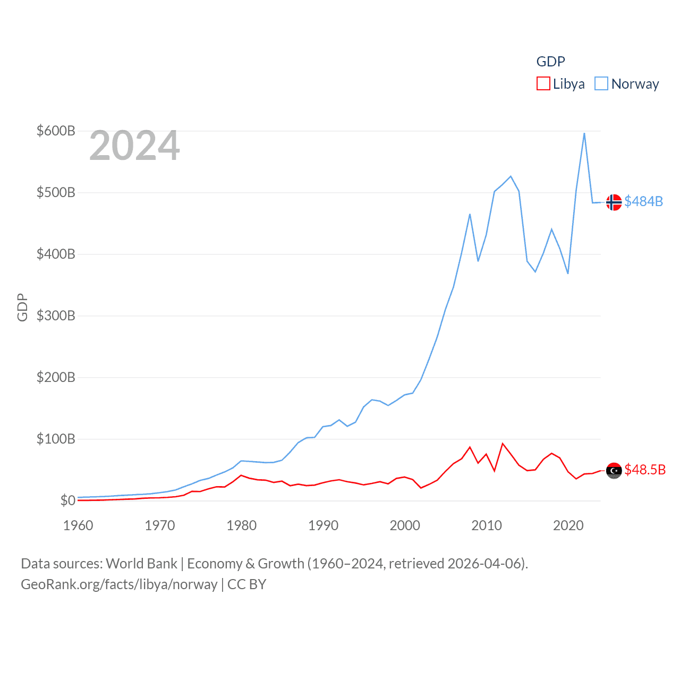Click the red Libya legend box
[543, 84]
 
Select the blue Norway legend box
[601, 84]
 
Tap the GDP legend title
[550, 62]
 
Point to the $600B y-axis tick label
[56, 131]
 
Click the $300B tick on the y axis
[56, 316]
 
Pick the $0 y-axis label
[67, 500]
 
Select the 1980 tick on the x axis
[241, 525]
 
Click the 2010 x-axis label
[487, 525]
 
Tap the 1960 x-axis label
[78, 525]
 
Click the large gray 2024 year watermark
[134, 146]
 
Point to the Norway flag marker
[614, 202]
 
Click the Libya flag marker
[614, 471]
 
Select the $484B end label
[644, 201]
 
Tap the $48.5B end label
[645, 470]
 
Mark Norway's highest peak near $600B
[584, 133]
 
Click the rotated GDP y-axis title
[22, 307]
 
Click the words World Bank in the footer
[141, 564]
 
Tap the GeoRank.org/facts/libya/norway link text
[119, 584]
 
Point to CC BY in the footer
[246, 584]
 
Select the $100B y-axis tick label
[56, 439]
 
